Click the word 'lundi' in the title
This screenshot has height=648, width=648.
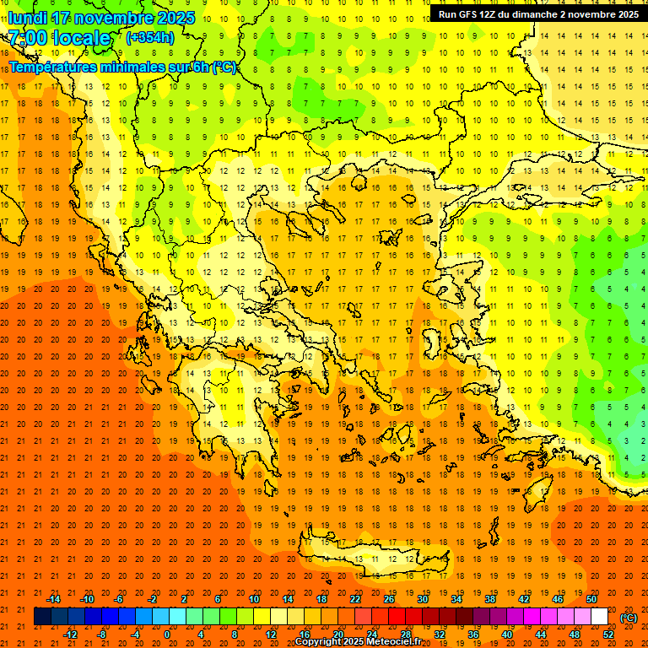[x=28, y=18]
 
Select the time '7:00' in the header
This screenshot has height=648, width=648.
[x=28, y=38]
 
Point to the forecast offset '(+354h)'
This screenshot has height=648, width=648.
[x=150, y=37]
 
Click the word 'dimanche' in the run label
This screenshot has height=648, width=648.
[x=543, y=14]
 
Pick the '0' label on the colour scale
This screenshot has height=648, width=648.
[x=167, y=634]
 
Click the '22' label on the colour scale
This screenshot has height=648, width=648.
[x=355, y=599]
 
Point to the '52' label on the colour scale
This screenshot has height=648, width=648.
[x=609, y=634]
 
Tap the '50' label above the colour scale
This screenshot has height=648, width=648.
[x=591, y=599]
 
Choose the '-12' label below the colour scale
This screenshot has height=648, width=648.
[x=71, y=634]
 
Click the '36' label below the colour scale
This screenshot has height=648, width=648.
[x=473, y=634]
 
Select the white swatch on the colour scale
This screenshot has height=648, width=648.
[x=600, y=617]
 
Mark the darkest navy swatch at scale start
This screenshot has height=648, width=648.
[x=42, y=617]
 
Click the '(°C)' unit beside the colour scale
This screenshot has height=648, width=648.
[x=629, y=618]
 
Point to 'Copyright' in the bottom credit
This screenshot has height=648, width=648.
[x=319, y=642]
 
